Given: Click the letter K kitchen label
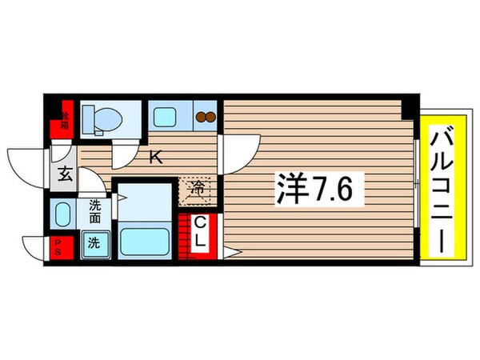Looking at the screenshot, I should point(156,158).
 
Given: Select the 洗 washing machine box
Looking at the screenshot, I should point(94,243).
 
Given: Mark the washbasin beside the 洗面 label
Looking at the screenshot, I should point(62,214).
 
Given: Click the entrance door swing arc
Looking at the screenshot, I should point(24,164).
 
